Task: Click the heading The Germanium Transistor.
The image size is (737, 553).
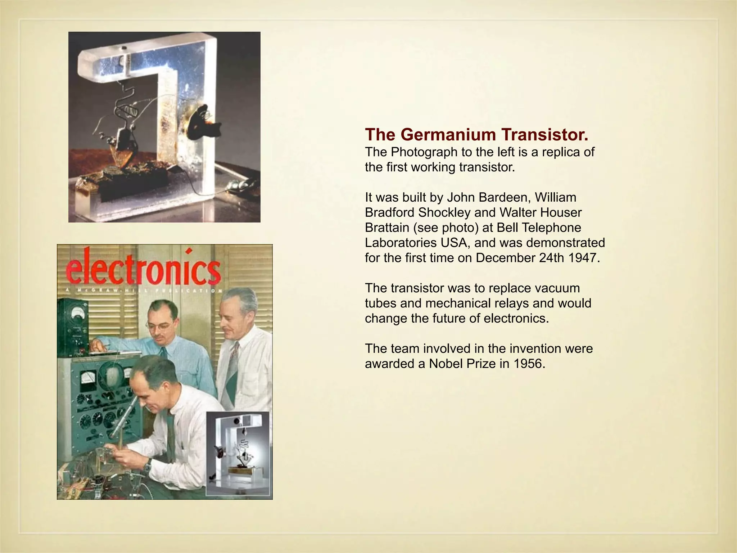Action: [477, 135]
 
